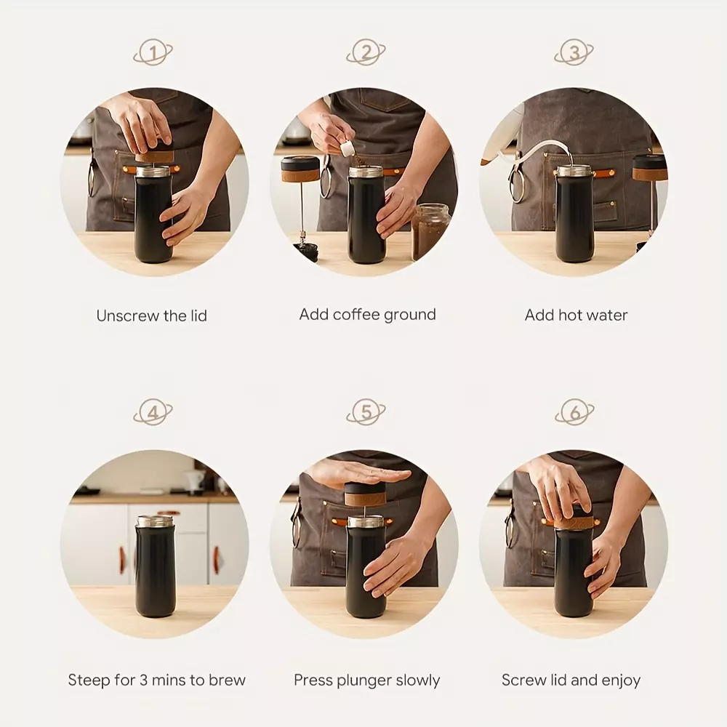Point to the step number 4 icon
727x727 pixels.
[153, 411]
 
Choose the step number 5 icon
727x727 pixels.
[366, 411]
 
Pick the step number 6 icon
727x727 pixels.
[574, 411]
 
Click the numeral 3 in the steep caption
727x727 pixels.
[143, 680]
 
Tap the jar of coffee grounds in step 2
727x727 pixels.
[430, 231]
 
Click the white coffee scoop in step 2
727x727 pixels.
[347, 148]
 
